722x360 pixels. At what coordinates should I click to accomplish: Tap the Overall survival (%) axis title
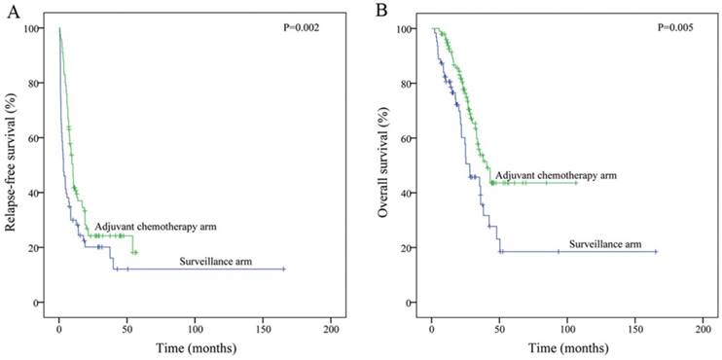point(384,164)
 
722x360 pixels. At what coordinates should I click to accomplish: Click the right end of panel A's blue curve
point(283,269)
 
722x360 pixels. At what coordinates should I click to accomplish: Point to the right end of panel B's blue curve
point(657,252)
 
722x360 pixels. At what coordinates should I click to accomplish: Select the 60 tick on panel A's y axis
point(39,138)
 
